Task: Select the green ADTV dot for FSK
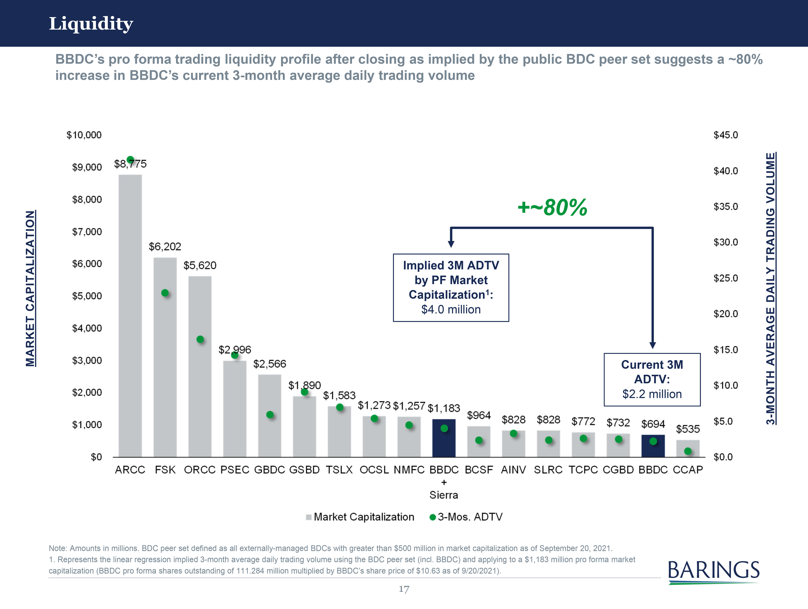pos(165,293)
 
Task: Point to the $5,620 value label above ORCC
pos(200,265)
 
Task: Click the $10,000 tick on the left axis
pos(84,135)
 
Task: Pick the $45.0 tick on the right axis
pos(725,135)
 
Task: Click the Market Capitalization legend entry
pos(360,517)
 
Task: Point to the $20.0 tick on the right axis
pos(725,314)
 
